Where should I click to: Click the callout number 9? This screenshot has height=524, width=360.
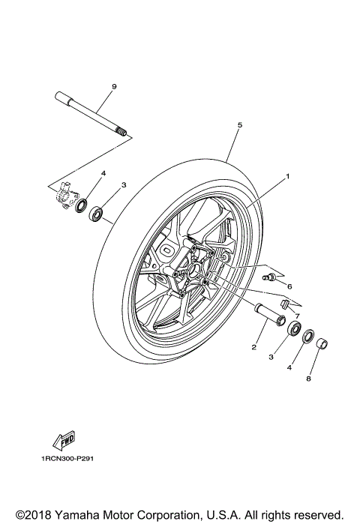point(114,88)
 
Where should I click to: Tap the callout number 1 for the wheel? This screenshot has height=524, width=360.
point(286,178)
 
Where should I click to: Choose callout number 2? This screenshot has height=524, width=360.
point(255,347)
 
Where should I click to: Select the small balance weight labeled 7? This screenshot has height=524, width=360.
point(285,304)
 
